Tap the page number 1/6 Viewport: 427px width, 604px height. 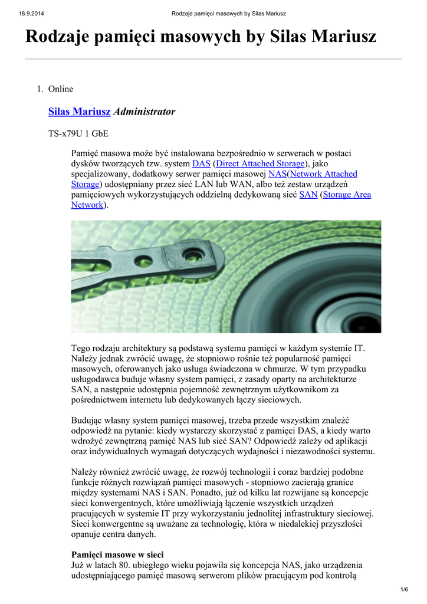[404, 590]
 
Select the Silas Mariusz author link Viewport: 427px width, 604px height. [79, 111]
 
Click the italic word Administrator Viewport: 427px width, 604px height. [144, 111]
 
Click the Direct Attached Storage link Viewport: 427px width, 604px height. [261, 163]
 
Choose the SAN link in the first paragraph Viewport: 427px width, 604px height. [308, 194]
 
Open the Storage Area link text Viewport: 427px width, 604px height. [347, 194]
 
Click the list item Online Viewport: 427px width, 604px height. [61, 89]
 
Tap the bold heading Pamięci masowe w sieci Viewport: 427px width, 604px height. [117, 555]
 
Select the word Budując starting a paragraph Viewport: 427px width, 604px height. [88, 421]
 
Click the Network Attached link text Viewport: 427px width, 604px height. [324, 173]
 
